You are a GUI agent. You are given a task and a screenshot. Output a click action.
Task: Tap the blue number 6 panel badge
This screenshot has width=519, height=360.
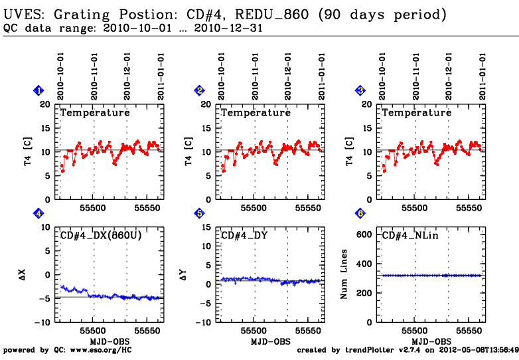tap(360, 214)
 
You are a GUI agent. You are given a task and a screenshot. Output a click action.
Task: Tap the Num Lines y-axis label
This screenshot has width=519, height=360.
tap(344, 274)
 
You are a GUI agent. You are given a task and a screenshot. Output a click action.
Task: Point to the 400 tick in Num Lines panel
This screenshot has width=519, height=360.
tap(366, 265)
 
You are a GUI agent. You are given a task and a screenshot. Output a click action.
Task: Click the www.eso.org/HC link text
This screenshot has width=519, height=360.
tap(103, 349)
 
